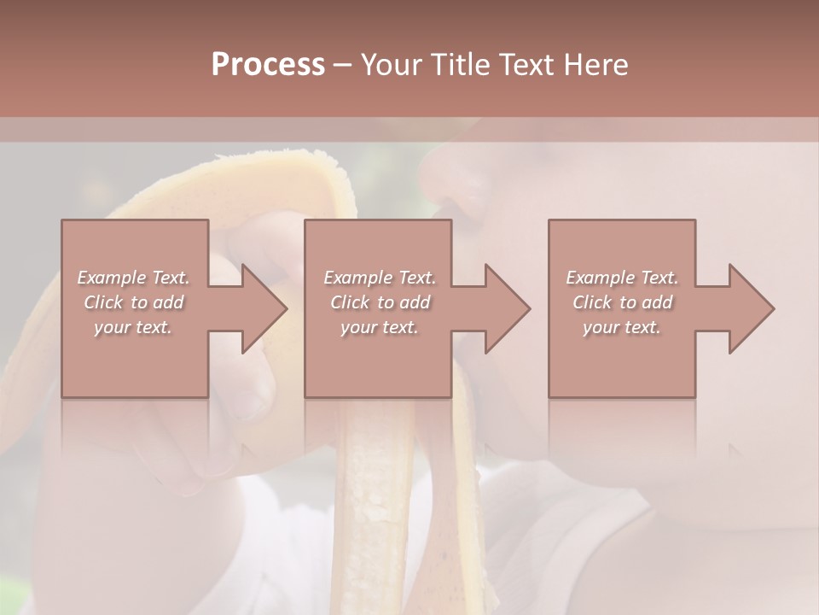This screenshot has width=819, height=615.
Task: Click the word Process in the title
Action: (268, 65)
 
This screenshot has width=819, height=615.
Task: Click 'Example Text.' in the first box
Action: (134, 278)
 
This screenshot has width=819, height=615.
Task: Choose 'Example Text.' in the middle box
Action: (380, 278)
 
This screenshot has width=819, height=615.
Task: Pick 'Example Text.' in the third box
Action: (622, 278)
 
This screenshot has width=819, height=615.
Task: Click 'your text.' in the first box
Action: (133, 327)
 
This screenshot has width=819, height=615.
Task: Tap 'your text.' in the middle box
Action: (379, 327)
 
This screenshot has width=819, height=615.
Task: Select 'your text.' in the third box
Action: (622, 327)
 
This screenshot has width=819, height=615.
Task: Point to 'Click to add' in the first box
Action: (134, 302)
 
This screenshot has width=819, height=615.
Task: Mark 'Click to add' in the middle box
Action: (380, 302)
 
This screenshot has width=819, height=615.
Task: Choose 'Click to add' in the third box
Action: (622, 302)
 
